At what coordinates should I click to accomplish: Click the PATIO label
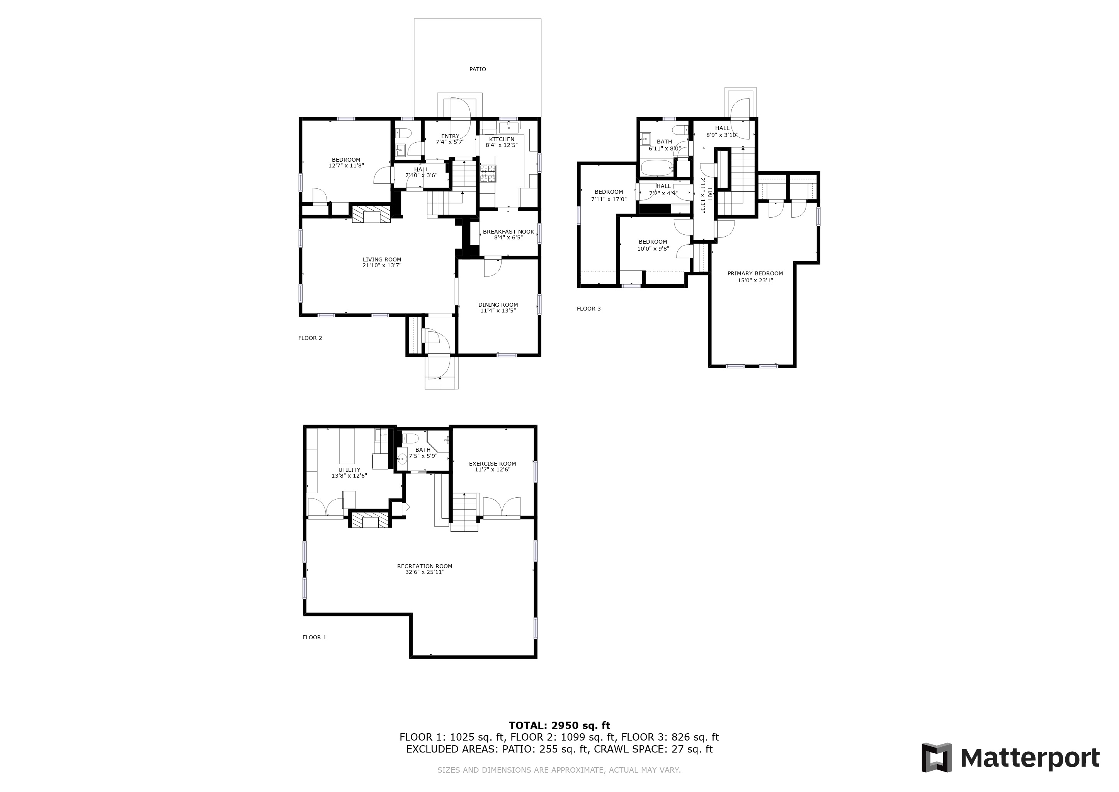[x=478, y=69]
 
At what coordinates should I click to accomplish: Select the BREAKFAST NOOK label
[x=508, y=232]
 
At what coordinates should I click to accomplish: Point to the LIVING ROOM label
[x=382, y=260]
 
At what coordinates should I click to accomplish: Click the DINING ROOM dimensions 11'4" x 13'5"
[x=498, y=311]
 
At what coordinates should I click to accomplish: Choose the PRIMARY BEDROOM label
[x=755, y=273]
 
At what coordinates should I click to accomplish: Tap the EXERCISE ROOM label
[x=492, y=464]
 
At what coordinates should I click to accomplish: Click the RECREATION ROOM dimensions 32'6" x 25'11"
[x=425, y=572]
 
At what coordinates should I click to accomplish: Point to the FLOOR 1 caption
[x=315, y=637]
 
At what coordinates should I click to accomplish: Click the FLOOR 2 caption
[x=310, y=338]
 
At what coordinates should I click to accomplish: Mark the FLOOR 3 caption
[x=589, y=309]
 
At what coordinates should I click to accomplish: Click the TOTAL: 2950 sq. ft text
[x=559, y=725]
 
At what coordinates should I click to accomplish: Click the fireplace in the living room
[x=371, y=213]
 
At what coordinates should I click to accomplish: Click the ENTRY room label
[x=450, y=137]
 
